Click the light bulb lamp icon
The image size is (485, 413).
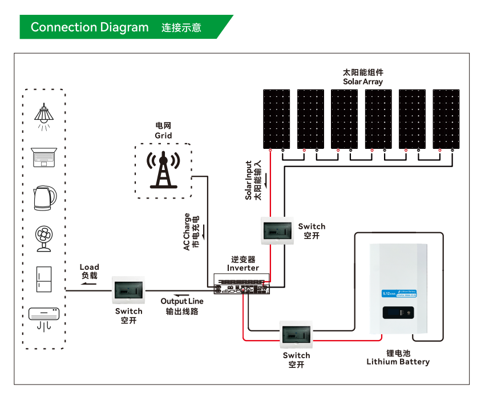(44, 115)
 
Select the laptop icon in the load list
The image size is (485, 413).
(44, 157)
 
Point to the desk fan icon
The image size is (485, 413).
(44, 239)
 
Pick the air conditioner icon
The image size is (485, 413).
(44, 317)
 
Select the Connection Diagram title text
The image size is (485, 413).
(90, 27)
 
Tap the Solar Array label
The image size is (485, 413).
(363, 82)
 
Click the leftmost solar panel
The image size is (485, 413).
(277, 118)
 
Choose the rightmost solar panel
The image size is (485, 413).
(446, 118)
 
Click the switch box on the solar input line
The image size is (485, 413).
(277, 230)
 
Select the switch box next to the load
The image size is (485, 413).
(129, 290)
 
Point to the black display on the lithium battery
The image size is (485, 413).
(398, 313)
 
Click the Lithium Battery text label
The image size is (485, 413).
(398, 362)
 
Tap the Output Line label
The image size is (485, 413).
(182, 301)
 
